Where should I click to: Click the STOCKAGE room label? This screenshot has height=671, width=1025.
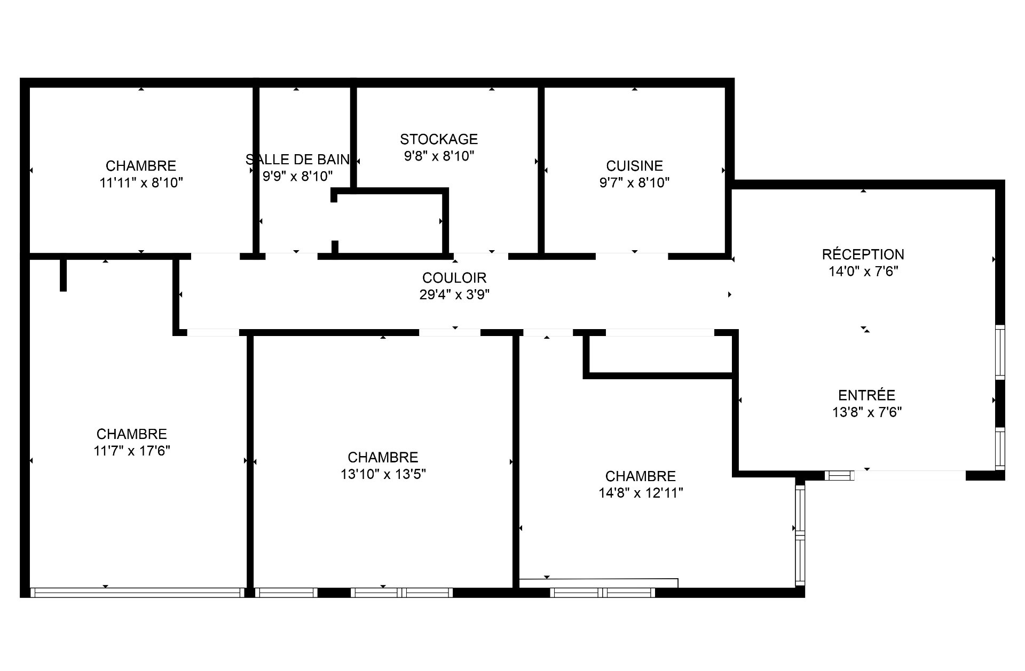(439, 139)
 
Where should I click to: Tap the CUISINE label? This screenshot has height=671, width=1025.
(634, 166)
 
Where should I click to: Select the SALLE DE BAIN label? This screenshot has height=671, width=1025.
(297, 159)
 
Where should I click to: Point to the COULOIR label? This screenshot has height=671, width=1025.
(454, 278)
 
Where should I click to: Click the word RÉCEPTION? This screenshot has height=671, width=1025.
(863, 254)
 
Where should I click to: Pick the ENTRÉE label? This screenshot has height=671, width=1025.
(866, 395)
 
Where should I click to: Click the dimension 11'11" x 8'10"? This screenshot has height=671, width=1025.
(141, 183)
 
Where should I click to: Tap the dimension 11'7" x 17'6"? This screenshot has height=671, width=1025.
(132, 451)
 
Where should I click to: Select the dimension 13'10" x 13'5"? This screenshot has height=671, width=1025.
(383, 474)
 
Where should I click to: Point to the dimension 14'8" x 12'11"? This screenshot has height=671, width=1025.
(641, 493)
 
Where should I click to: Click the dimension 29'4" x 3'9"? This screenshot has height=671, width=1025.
(454, 294)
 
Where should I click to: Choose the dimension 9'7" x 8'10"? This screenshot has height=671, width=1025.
(634, 183)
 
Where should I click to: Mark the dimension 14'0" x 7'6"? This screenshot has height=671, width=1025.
(863, 271)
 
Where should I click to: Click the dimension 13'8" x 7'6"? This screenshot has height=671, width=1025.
(866, 412)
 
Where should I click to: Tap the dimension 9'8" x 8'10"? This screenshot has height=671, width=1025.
(439, 156)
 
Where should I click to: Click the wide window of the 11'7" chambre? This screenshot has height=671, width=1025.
(137, 592)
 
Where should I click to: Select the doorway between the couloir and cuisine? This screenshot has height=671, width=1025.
(632, 257)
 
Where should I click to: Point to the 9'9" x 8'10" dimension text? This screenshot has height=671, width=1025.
(297, 176)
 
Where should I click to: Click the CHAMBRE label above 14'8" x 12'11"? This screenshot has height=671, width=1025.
(641, 476)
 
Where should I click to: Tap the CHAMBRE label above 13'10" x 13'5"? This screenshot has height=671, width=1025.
(383, 457)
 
